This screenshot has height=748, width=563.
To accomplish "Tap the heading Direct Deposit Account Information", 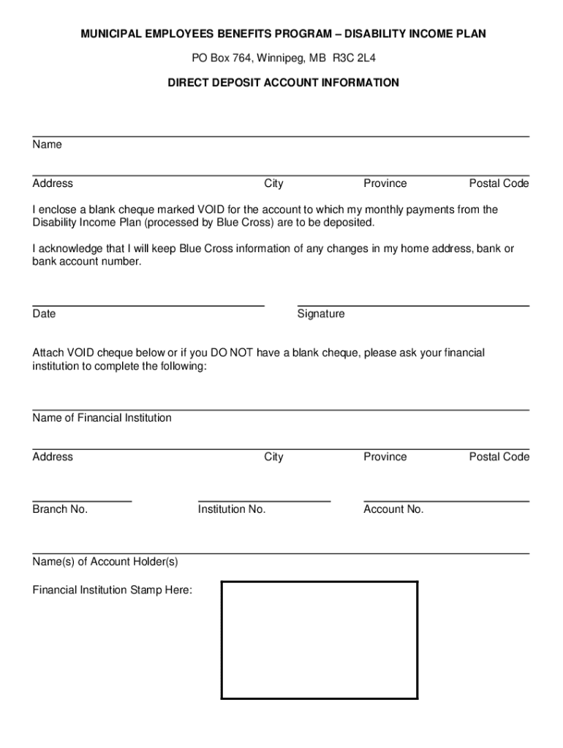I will [283, 83].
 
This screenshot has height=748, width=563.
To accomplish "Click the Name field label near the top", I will [47, 145].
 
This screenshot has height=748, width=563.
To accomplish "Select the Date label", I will [44, 313].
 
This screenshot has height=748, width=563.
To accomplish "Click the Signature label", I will [321, 313].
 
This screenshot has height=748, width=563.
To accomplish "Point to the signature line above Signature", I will [413, 305].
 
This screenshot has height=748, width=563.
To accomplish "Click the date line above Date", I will [148, 305].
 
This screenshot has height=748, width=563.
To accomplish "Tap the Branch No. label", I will [60, 509].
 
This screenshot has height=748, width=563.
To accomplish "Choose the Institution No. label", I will [232, 509].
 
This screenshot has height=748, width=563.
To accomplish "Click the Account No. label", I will [393, 509].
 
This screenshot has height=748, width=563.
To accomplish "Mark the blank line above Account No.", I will [446, 501].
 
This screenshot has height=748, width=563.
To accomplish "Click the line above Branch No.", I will [82, 501].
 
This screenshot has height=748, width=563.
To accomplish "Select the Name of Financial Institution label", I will [102, 418].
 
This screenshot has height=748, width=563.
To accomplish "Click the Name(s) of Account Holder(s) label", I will [105, 562].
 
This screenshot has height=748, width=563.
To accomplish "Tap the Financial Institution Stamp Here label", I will [113, 589].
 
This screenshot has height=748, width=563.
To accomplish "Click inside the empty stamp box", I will [320, 640].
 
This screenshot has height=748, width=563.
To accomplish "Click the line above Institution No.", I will [264, 501].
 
